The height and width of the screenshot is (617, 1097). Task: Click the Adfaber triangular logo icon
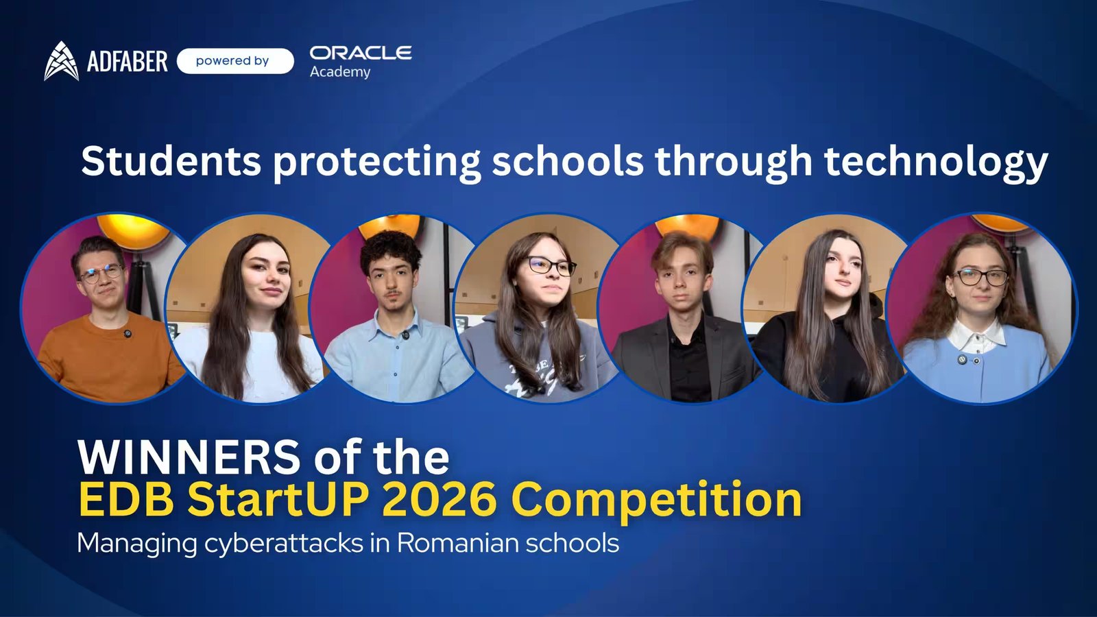(61, 61)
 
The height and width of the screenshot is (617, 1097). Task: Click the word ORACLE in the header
(361, 53)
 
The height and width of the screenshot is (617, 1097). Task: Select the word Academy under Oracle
(340, 72)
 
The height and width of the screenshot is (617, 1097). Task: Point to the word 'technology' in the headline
(936, 162)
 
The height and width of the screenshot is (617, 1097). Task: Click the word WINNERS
(189, 457)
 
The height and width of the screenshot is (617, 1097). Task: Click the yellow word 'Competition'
(656, 500)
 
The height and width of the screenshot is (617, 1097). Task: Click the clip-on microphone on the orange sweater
(127, 334)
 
